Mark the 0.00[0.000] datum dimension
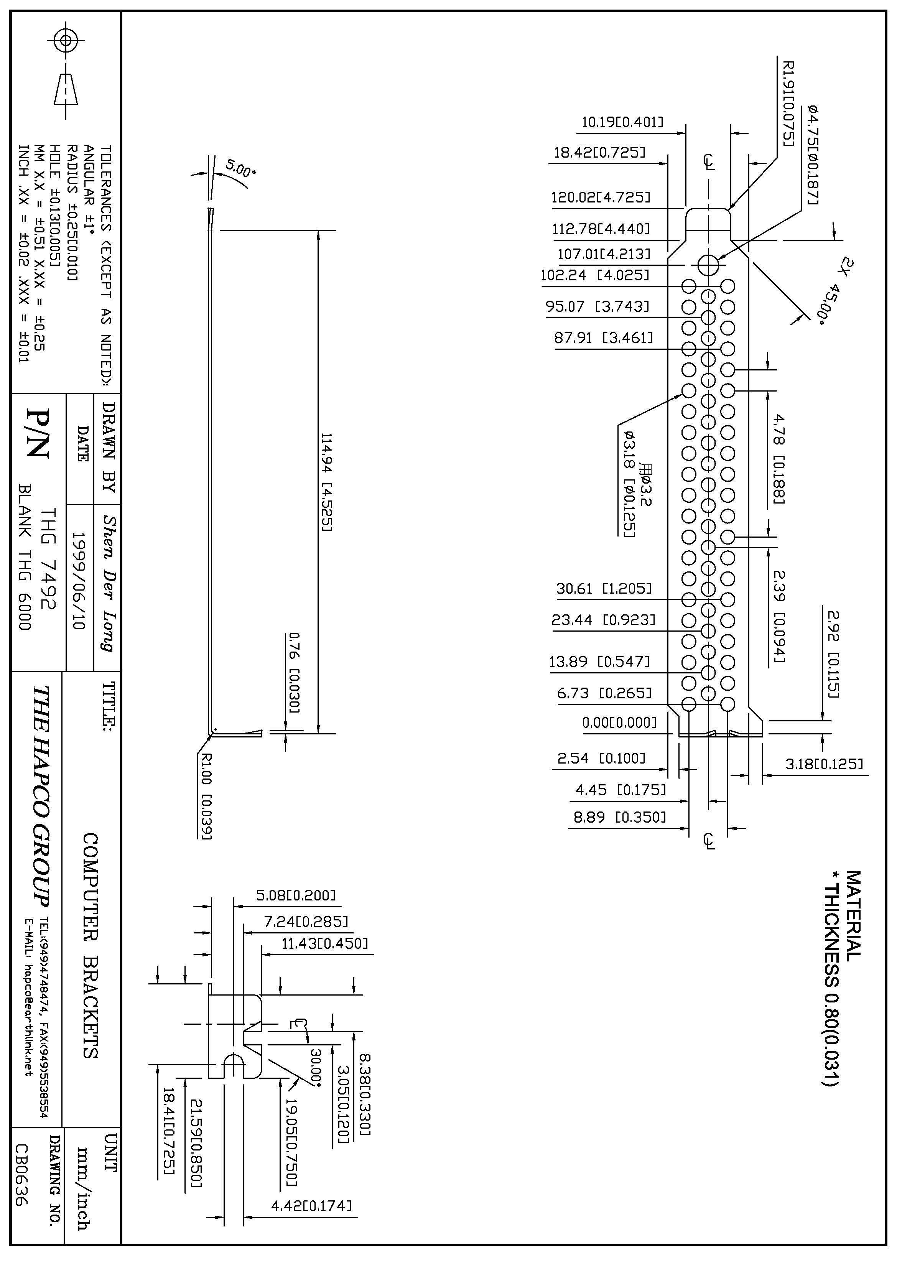tap(619, 723)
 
